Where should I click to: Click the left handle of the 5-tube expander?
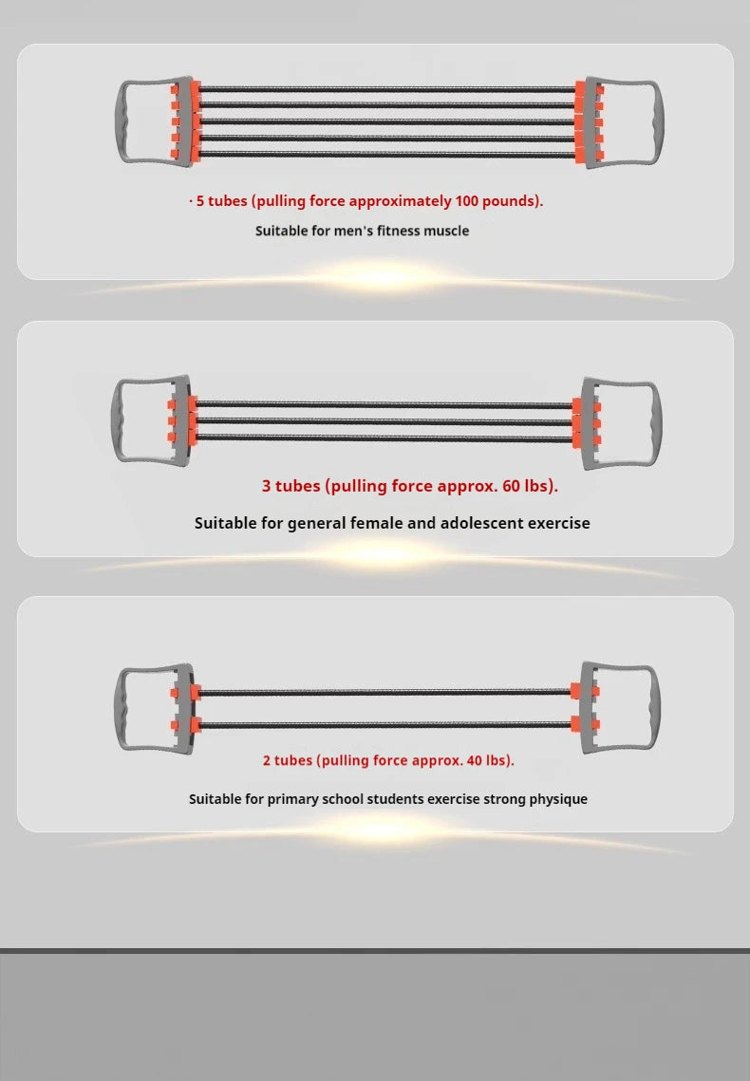[x=119, y=122]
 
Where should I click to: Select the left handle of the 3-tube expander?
[x=116, y=419]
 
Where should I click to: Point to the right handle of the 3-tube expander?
[x=658, y=422]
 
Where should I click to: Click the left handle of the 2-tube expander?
[x=118, y=709]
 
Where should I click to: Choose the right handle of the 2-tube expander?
[x=656, y=708]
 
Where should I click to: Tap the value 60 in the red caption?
[x=511, y=485]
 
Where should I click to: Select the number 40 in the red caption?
[x=475, y=760]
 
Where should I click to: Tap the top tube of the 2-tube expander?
[x=384, y=692]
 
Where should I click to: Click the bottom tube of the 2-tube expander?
[x=384, y=724]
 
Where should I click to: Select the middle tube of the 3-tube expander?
[x=384, y=420]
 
